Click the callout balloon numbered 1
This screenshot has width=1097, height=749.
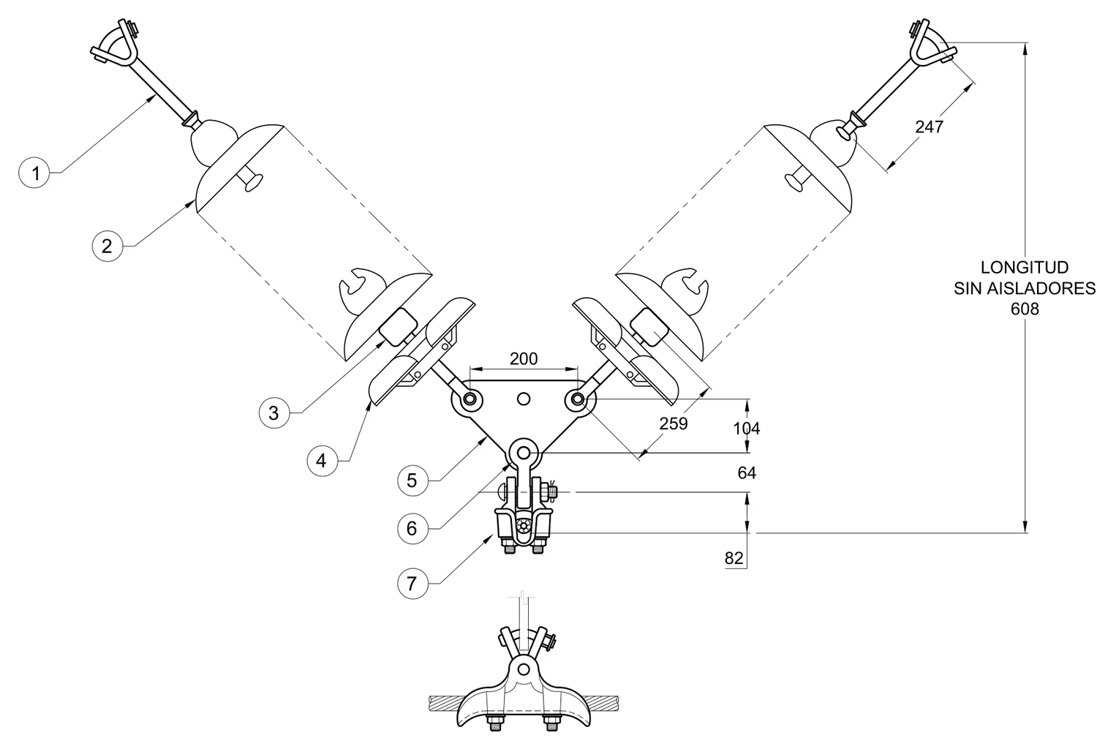(x=34, y=173)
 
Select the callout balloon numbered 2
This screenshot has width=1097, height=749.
(x=108, y=246)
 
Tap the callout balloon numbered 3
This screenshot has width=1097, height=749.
(x=274, y=413)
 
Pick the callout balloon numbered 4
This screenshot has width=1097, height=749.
(x=323, y=461)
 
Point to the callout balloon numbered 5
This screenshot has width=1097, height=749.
(x=412, y=480)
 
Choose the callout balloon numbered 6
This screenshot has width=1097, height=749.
(x=412, y=528)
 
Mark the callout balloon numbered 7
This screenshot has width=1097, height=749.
(x=412, y=583)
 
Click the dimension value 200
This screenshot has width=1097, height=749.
(x=524, y=358)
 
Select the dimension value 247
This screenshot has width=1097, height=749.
(x=929, y=127)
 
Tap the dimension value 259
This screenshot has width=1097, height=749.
(x=674, y=424)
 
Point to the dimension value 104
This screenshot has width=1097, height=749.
(x=747, y=429)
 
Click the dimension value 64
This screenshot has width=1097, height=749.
(x=747, y=473)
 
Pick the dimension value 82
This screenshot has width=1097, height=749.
(x=734, y=558)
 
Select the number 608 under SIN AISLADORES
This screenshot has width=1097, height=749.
(x=1025, y=309)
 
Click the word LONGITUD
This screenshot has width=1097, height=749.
(x=1025, y=267)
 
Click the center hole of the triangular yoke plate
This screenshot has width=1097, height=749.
(x=524, y=399)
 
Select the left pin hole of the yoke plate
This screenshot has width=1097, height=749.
(x=470, y=399)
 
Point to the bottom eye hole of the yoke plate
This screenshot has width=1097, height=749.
(x=524, y=451)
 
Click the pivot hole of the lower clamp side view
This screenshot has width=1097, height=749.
(x=524, y=669)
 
